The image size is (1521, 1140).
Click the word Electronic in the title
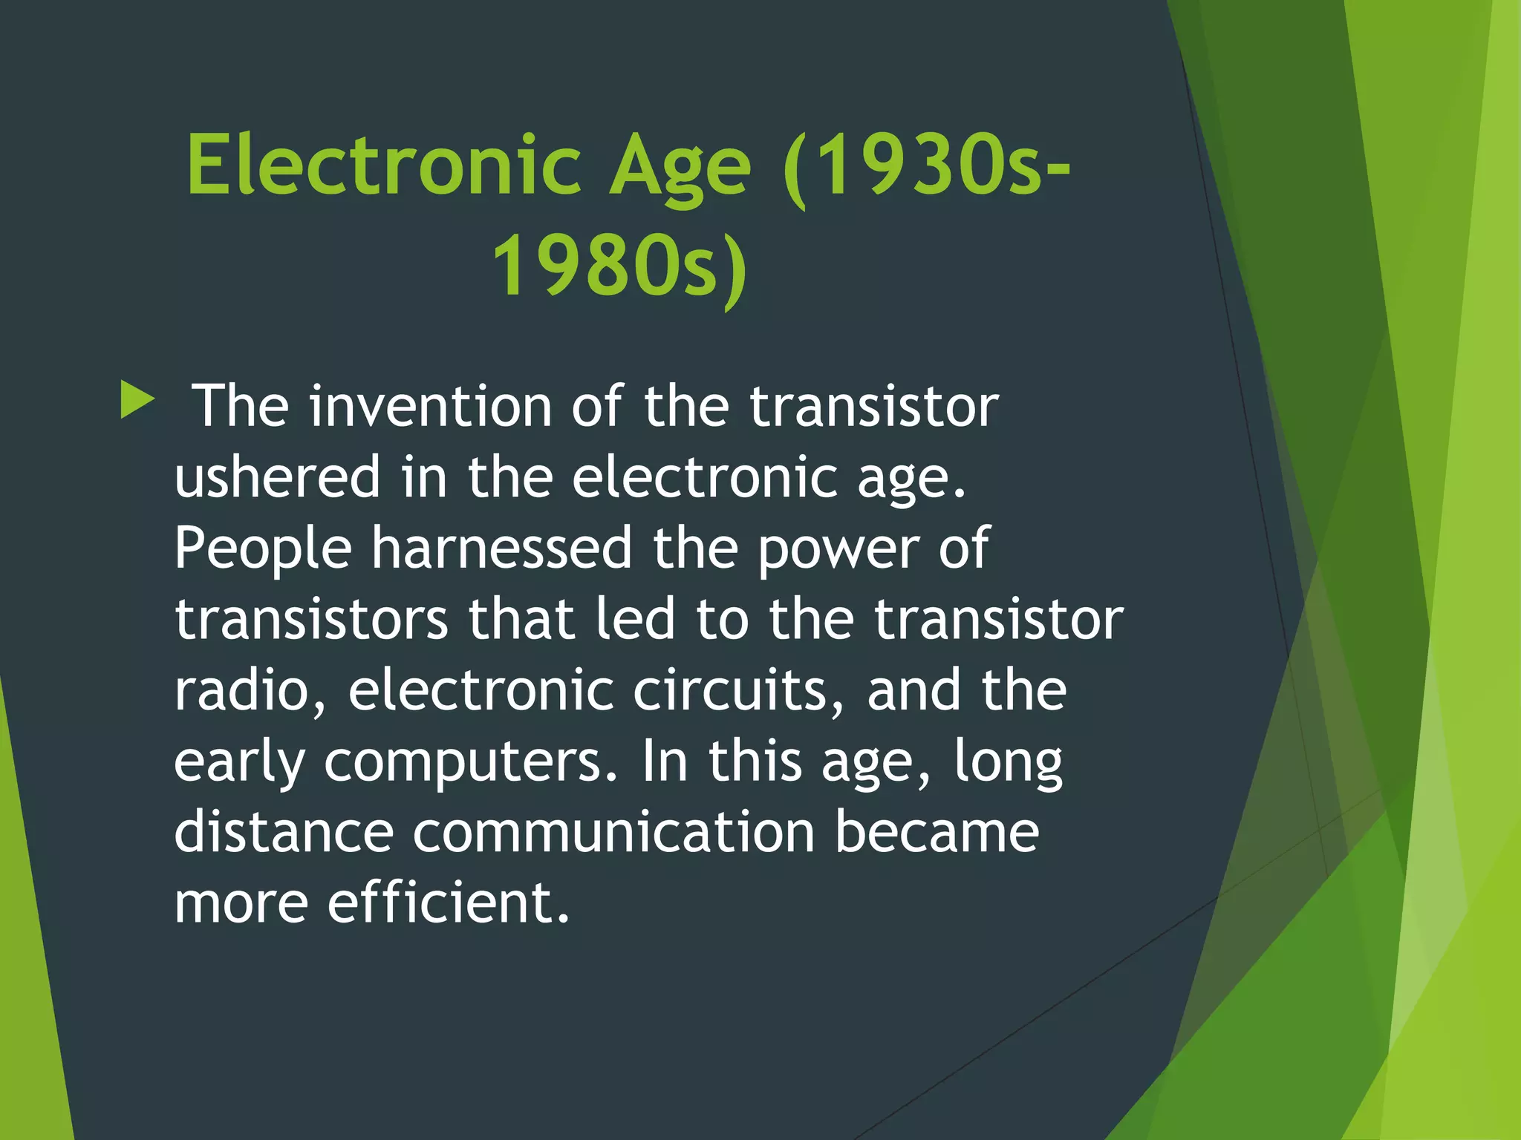pyautogui.click(x=383, y=164)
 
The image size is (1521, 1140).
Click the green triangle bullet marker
pyautogui.click(x=137, y=401)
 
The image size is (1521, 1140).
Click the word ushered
pyautogui.click(x=277, y=476)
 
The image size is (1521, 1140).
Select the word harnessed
pyautogui.click(x=501, y=548)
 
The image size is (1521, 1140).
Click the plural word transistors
pyautogui.click(x=311, y=619)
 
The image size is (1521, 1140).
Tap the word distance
pyautogui.click(x=284, y=831)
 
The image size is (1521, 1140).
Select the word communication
pyautogui.click(x=613, y=831)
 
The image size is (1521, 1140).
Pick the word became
pyautogui.click(x=937, y=831)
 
